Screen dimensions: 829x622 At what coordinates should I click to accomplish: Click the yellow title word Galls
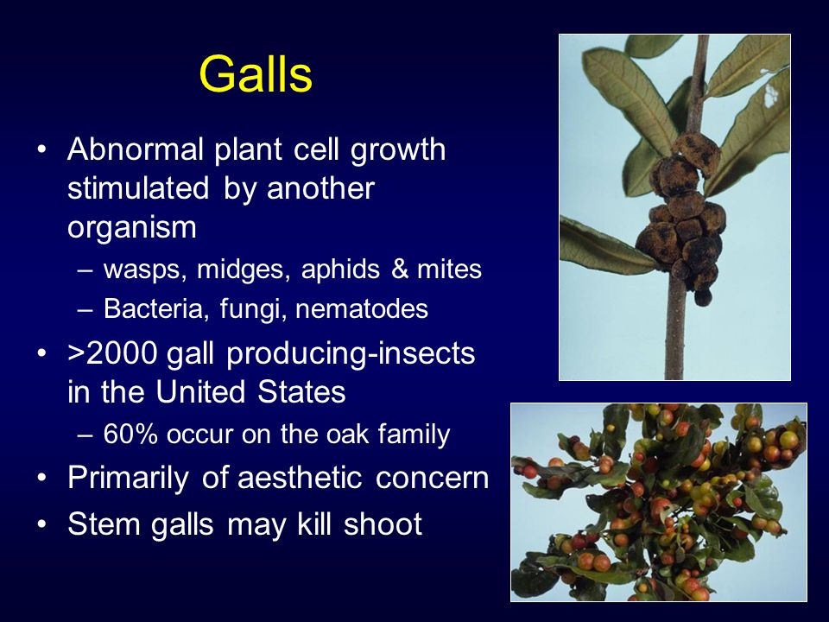256,74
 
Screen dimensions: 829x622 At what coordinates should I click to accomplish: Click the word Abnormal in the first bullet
136,149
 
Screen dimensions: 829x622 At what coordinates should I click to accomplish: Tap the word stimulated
138,187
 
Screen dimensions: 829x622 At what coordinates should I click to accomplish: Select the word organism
132,228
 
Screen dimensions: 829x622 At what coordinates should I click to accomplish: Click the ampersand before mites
401,269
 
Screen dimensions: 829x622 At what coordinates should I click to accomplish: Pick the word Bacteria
153,308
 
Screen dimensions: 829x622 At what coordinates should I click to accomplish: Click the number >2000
112,353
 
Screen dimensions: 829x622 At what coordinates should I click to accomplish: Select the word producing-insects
351,354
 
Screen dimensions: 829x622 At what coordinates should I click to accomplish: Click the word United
201,392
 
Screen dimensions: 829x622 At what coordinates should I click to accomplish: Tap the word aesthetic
300,478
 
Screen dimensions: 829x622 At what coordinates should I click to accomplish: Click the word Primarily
128,479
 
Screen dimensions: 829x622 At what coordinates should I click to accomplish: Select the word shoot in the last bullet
383,524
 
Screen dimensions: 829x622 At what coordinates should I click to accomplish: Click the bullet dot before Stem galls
41,524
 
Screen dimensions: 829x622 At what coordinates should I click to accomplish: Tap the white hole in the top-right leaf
771,96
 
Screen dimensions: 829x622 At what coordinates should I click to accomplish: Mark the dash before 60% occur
85,435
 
